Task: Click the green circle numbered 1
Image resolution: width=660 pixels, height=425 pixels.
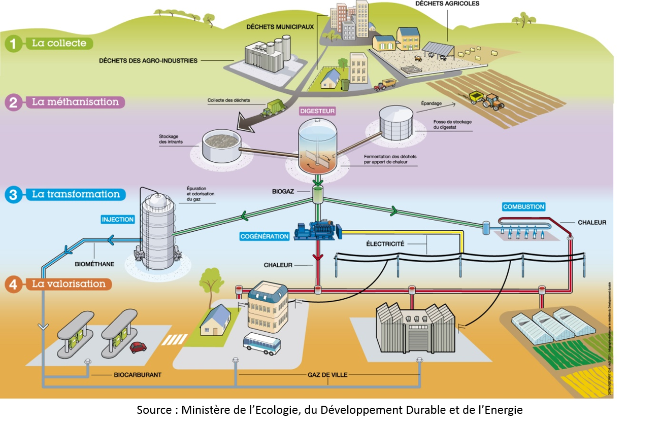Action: tap(14, 44)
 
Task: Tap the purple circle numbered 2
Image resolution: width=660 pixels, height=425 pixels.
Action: tap(14, 102)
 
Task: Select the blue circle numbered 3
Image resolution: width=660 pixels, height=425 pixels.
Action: tap(14, 195)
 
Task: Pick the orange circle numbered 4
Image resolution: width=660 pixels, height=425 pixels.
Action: tap(14, 285)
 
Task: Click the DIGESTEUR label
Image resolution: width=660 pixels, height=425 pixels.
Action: tap(318, 110)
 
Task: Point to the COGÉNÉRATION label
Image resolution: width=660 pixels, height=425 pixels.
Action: tap(265, 236)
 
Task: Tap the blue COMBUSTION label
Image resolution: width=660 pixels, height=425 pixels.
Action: tap(523, 207)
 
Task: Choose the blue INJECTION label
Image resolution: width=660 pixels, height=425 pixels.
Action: tap(118, 220)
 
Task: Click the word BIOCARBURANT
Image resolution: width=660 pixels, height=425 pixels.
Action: tap(137, 375)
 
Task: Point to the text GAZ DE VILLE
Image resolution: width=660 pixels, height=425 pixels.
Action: tap(327, 375)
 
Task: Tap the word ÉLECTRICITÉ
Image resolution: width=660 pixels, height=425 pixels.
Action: tap(385, 244)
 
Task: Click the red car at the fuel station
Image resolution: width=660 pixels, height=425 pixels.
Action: tap(138, 347)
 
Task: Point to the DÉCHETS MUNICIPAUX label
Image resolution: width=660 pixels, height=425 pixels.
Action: tap(280, 26)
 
